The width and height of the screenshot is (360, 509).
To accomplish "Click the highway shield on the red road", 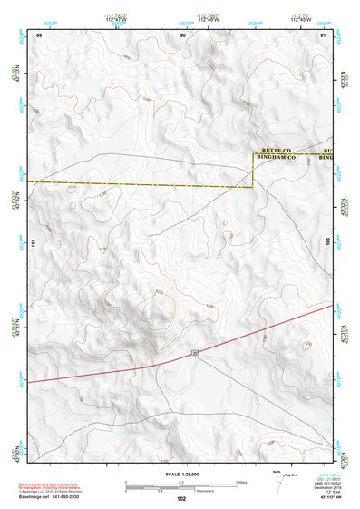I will (x=194, y=350).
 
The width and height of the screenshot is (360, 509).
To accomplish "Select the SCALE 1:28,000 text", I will (x=180, y=473).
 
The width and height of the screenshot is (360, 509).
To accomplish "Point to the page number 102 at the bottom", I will (x=180, y=498).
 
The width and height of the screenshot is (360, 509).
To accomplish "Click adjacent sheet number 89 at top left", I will (x=39, y=34).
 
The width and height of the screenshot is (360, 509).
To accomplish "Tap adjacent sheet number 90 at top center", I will (x=183, y=34).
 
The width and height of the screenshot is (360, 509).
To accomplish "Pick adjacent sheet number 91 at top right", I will (x=323, y=34).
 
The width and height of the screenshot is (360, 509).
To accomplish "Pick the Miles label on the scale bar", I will (x=241, y=480).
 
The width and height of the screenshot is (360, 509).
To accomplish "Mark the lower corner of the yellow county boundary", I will (x=252, y=187).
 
